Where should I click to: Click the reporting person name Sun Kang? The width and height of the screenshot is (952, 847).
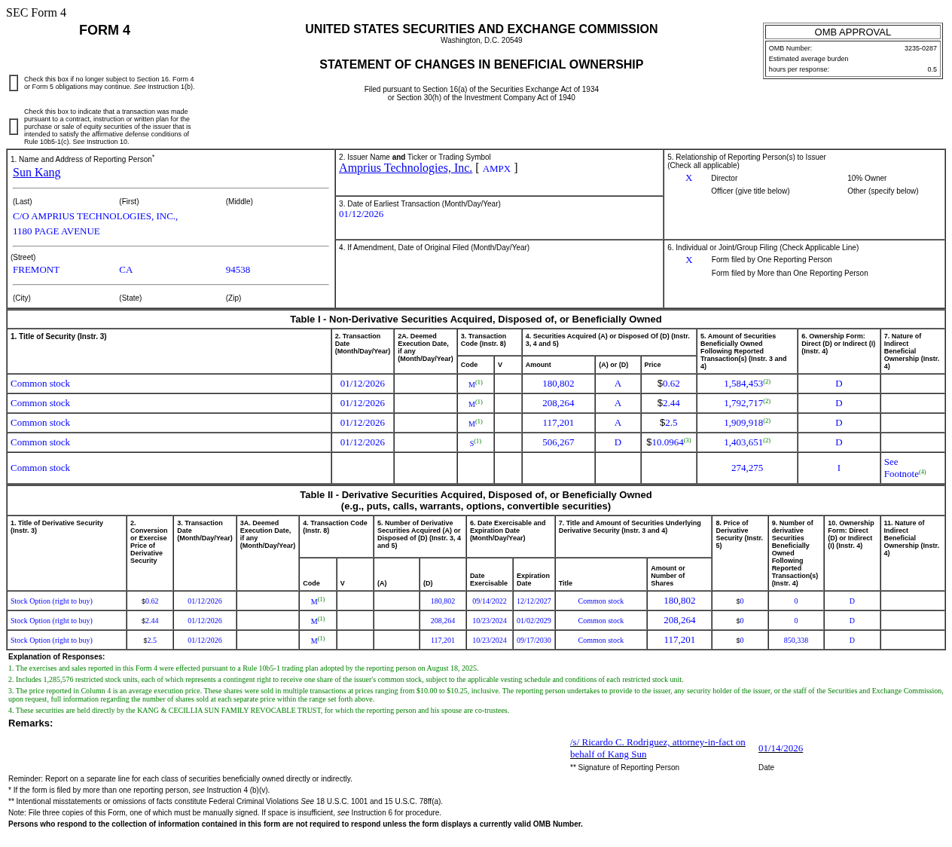(x=36, y=173)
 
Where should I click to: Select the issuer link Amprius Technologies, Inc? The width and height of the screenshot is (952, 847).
(x=405, y=168)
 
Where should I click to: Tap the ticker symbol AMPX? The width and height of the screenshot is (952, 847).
(x=496, y=169)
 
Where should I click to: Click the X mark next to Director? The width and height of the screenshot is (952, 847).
(x=688, y=178)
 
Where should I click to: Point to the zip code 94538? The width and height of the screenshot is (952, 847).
(x=237, y=270)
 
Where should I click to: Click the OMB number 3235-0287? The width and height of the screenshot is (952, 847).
(x=920, y=48)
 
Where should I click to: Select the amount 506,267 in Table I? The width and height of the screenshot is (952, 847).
(x=558, y=442)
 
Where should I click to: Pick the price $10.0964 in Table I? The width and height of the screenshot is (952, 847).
(x=668, y=442)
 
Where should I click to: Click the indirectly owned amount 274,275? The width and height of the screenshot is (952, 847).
(x=746, y=468)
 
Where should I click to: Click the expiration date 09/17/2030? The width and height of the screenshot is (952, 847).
(x=533, y=641)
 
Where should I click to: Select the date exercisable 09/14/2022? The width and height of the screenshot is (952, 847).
(x=490, y=601)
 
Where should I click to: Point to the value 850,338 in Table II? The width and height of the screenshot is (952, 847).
(x=795, y=641)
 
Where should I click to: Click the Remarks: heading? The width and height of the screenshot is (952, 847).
(x=31, y=723)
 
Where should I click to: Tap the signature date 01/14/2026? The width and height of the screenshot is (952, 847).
(x=780, y=748)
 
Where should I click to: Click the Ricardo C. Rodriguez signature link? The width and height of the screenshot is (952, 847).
(x=658, y=748)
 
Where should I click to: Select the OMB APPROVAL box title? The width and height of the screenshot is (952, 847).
(x=853, y=32)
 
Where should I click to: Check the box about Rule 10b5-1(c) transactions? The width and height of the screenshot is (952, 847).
(x=14, y=127)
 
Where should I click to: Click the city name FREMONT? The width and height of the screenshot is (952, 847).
(x=36, y=270)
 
